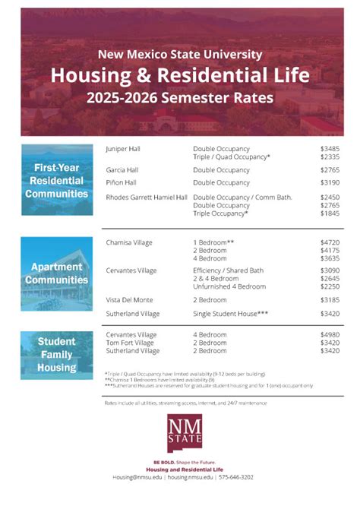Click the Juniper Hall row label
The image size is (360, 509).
tap(122, 148)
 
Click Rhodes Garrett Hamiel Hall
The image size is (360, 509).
tap(146, 198)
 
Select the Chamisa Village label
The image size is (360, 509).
tap(128, 242)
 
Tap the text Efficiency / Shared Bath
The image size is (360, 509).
tap(229, 270)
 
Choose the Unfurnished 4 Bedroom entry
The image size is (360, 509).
tap(229, 286)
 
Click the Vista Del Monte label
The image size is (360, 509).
tap(129, 300)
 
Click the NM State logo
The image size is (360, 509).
tap(180, 435)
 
